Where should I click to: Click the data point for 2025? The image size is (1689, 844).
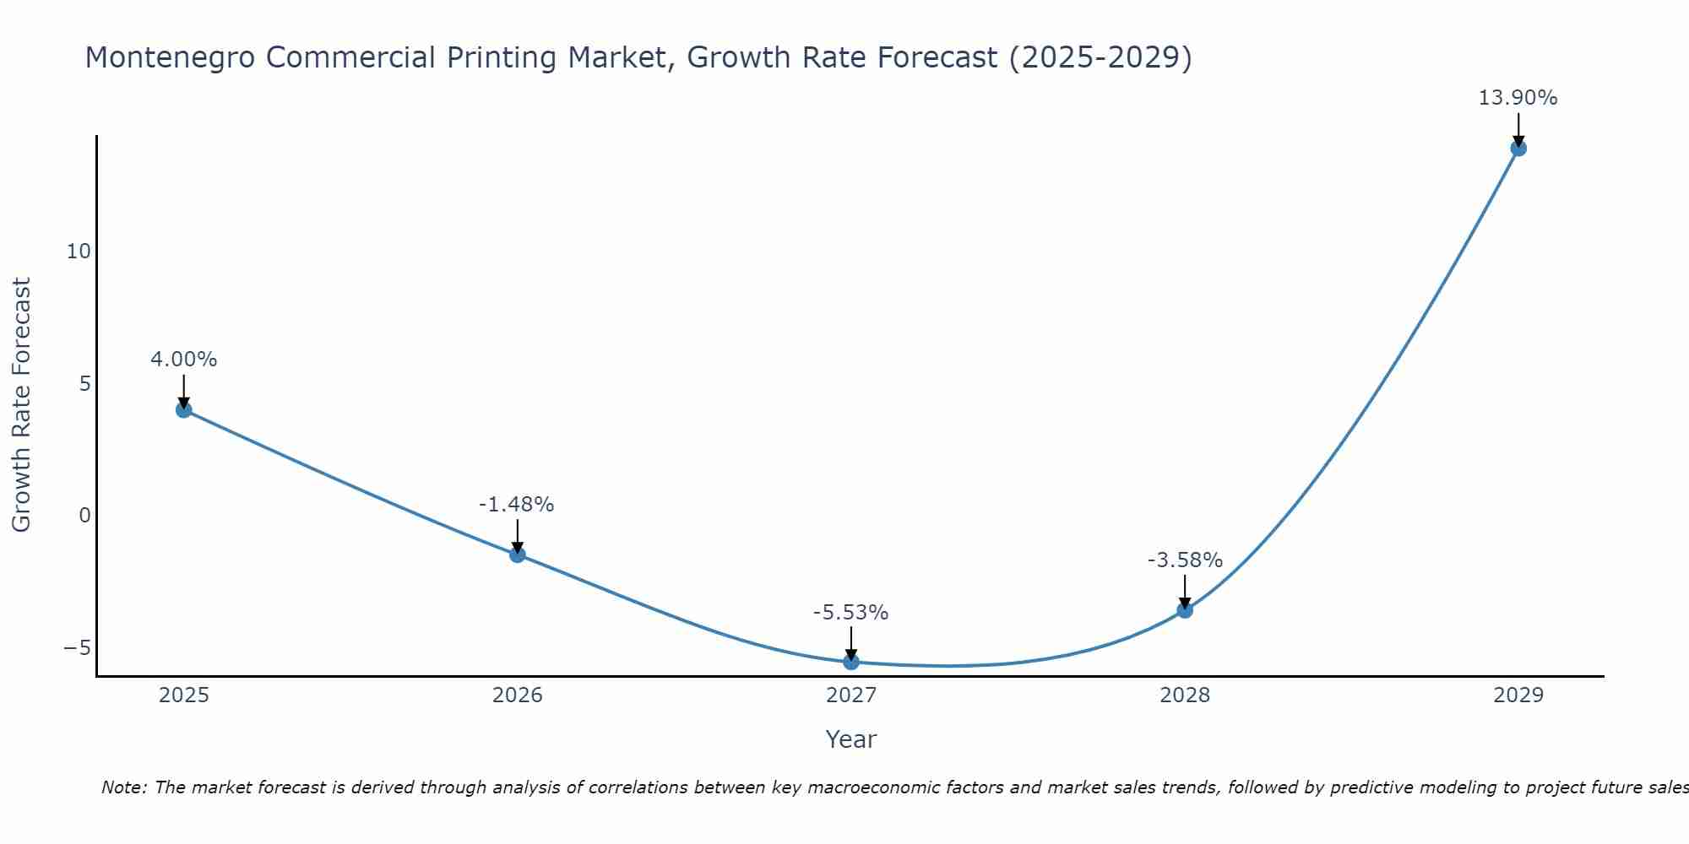pyautogui.click(x=184, y=410)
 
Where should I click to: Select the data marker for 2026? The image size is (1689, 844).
pyautogui.click(x=518, y=555)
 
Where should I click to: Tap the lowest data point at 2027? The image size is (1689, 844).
pyautogui.click(x=851, y=663)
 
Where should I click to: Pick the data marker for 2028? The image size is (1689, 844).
pyautogui.click(x=1185, y=610)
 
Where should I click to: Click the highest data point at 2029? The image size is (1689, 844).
pyautogui.click(x=1518, y=149)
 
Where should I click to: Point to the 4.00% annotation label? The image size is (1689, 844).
pyautogui.click(x=184, y=360)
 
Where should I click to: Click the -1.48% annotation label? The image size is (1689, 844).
pyautogui.click(x=517, y=505)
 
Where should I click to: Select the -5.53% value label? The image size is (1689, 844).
pyautogui.click(x=850, y=613)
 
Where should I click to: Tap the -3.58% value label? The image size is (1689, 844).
pyautogui.click(x=1185, y=560)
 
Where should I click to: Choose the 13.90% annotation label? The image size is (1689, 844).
pyautogui.click(x=1518, y=98)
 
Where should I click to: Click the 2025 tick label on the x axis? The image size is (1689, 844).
pyautogui.click(x=184, y=695)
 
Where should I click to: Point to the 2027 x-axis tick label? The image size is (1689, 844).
pyautogui.click(x=851, y=695)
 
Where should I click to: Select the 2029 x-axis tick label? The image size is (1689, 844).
pyautogui.click(x=1518, y=695)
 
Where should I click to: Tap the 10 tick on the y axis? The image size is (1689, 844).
pyautogui.click(x=79, y=252)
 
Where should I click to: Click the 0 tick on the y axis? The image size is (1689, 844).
pyautogui.click(x=84, y=516)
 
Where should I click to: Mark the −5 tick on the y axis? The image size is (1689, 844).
pyautogui.click(x=77, y=647)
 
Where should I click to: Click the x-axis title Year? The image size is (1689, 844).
pyautogui.click(x=851, y=739)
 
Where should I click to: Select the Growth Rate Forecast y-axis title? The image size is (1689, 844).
pyautogui.click(x=22, y=405)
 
